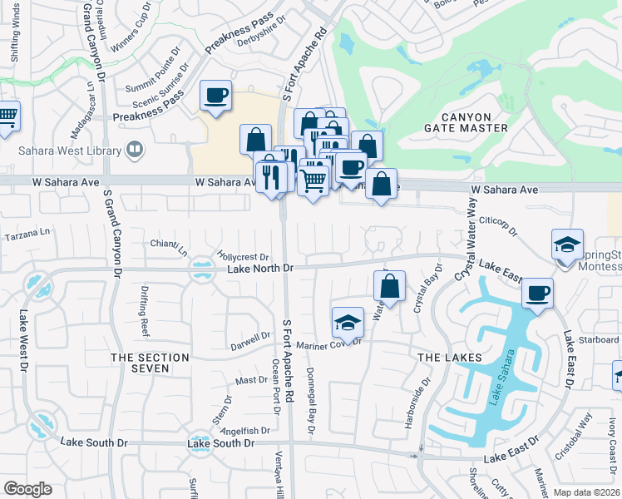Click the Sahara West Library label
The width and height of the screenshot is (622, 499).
[x=69, y=151]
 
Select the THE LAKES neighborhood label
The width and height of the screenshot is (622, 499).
[x=449, y=357]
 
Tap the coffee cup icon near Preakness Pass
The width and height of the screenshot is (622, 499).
[x=216, y=95]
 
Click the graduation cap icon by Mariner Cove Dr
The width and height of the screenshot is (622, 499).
[x=348, y=322]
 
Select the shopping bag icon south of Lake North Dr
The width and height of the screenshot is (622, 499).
[x=389, y=286]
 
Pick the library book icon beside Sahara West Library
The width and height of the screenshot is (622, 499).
[x=134, y=151]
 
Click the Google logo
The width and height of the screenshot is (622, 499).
[x=28, y=489]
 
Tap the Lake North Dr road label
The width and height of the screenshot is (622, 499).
[x=261, y=269]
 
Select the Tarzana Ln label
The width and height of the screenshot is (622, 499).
[x=27, y=235]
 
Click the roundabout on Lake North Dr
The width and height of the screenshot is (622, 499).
[x=200, y=269]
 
